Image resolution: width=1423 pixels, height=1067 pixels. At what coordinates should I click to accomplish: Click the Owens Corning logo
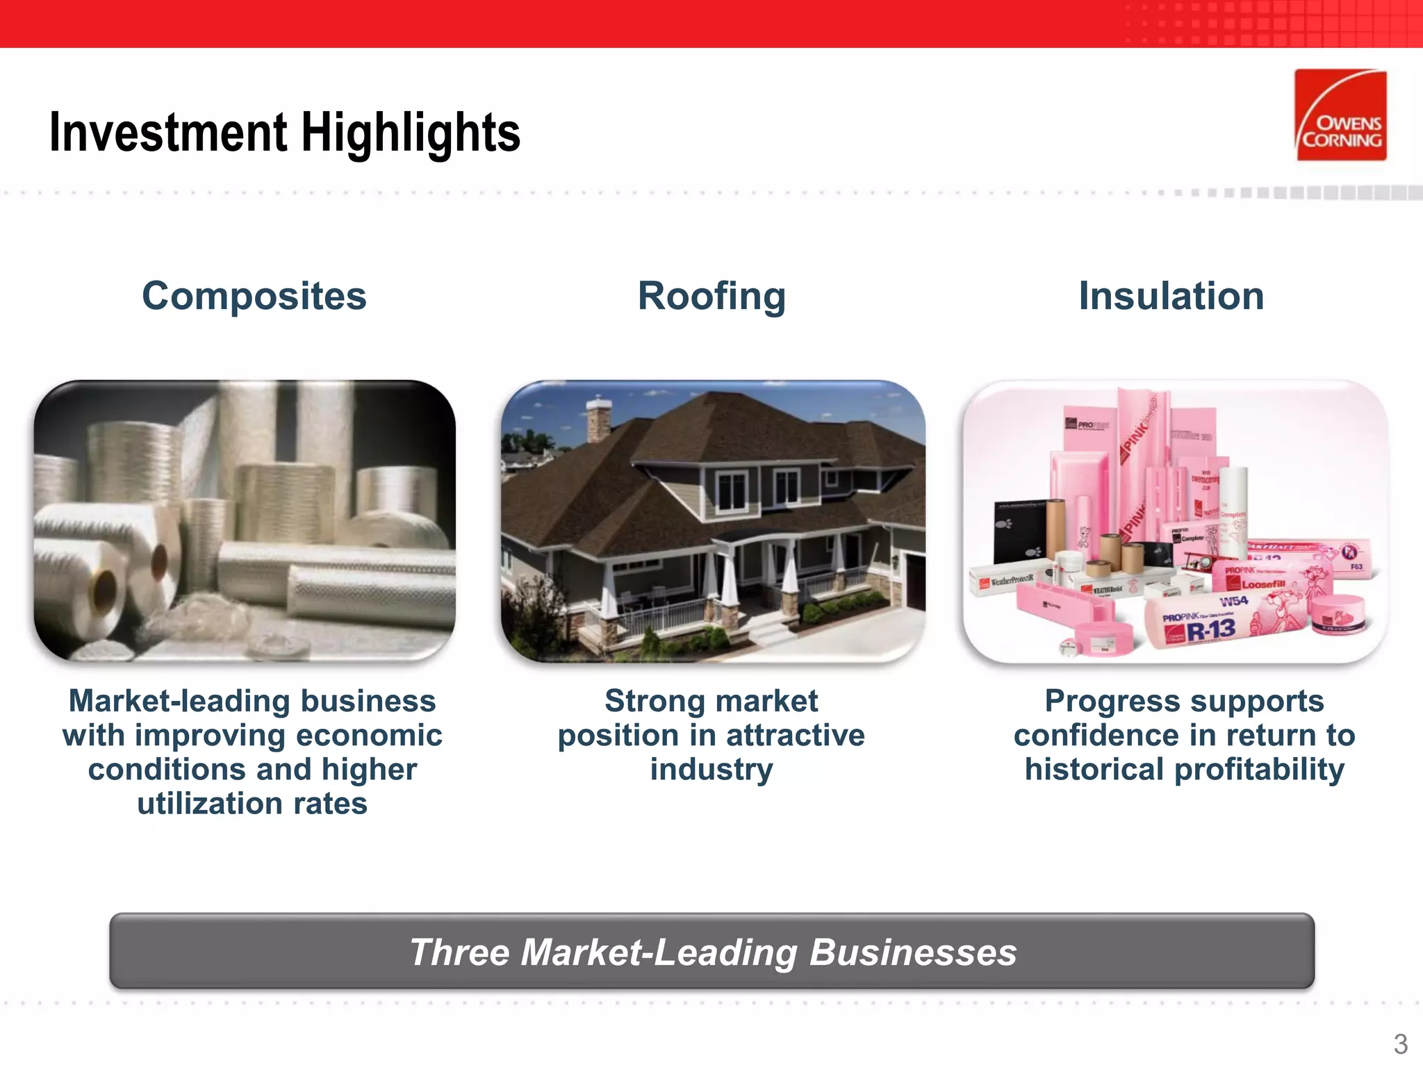click(1340, 115)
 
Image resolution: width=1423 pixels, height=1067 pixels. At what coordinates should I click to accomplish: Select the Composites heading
click(254, 296)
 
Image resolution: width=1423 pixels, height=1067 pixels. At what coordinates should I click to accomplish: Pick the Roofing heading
click(711, 296)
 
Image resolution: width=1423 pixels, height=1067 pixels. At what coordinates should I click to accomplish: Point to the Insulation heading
click(1171, 296)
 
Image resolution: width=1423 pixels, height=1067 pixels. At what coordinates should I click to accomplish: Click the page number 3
click(1400, 1044)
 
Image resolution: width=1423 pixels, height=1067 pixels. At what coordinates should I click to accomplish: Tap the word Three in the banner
click(459, 952)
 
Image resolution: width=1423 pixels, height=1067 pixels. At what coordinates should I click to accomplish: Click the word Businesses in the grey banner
click(913, 952)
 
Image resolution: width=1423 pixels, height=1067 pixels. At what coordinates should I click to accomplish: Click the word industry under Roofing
click(711, 770)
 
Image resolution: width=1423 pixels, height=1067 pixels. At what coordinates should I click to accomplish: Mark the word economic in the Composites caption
click(368, 736)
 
